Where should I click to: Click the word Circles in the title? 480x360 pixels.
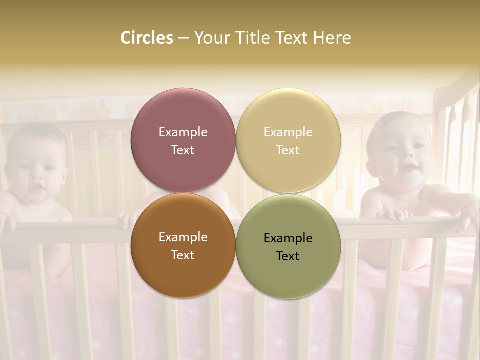coord(147,38)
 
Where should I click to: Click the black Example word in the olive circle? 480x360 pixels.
coord(288,238)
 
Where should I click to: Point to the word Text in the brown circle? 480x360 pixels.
coord(183,255)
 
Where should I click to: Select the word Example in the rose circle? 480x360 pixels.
coord(183,132)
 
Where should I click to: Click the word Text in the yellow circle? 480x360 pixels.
coord(288,150)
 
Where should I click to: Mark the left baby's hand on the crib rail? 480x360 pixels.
coord(7,220)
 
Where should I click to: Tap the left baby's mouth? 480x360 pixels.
coord(36,188)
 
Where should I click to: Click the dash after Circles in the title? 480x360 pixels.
coord(183,38)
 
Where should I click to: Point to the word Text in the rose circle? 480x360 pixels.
coord(183,150)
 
